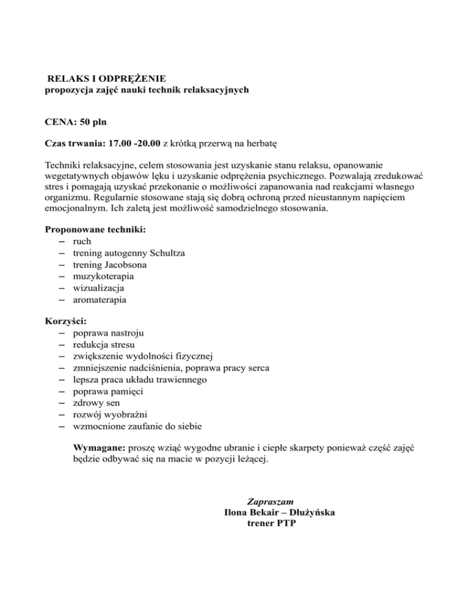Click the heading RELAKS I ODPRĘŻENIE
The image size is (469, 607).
click(107, 79)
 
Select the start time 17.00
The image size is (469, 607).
click(121, 144)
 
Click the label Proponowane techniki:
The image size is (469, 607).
click(90, 230)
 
